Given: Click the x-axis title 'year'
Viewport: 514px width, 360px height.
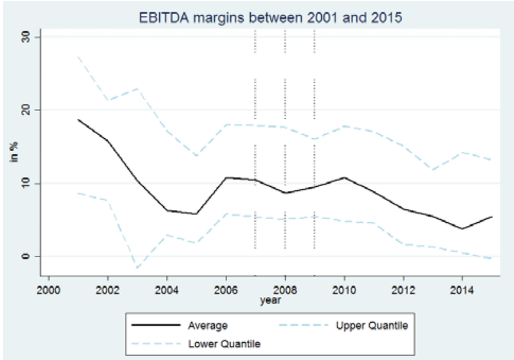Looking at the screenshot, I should click(x=270, y=300).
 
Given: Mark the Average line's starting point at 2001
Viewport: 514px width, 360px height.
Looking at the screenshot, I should click(x=78, y=119).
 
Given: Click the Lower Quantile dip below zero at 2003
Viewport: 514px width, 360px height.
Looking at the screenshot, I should click(x=137, y=268).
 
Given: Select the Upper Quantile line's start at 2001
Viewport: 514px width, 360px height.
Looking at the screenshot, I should click(x=78, y=56).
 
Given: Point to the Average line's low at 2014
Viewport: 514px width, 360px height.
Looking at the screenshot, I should click(x=462, y=228).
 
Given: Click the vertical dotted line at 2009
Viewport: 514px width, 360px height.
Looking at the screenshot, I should click(x=314, y=141).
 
